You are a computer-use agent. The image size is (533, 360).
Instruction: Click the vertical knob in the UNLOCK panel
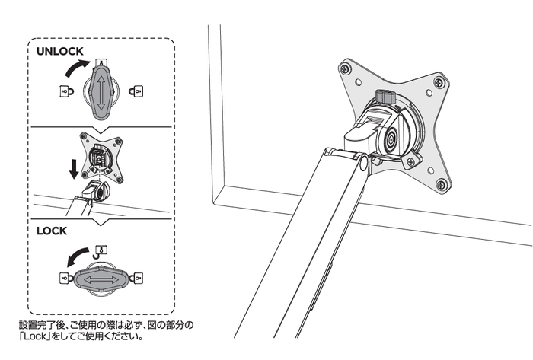click(101, 91)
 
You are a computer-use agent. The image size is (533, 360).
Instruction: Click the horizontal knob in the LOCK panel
click(101, 279)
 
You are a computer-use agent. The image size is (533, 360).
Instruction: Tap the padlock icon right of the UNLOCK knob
click(137, 91)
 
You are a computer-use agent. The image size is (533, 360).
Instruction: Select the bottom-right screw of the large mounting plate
click(442, 183)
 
